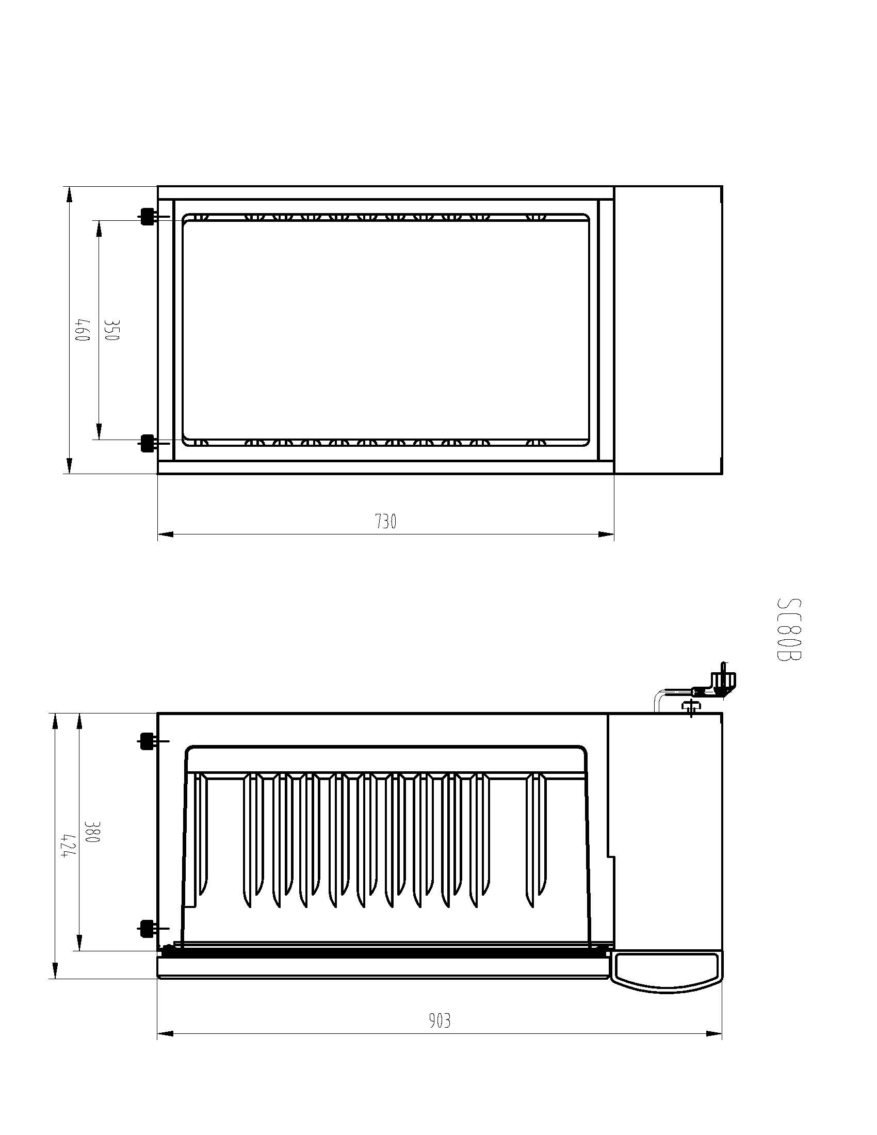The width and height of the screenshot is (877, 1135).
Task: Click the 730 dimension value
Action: pos(386,521)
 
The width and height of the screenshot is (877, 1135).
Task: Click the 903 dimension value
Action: pos(440,1020)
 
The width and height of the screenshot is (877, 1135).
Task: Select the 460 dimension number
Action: pos(83,330)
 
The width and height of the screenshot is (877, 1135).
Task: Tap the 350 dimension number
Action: pos(112,330)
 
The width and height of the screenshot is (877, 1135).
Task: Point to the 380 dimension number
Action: pos(91,833)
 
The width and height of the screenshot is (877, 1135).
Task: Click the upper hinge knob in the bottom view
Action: pos(147,741)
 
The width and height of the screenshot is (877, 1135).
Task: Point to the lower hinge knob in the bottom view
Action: pos(147,929)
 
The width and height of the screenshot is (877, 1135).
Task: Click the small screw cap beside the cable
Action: pos(690,708)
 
